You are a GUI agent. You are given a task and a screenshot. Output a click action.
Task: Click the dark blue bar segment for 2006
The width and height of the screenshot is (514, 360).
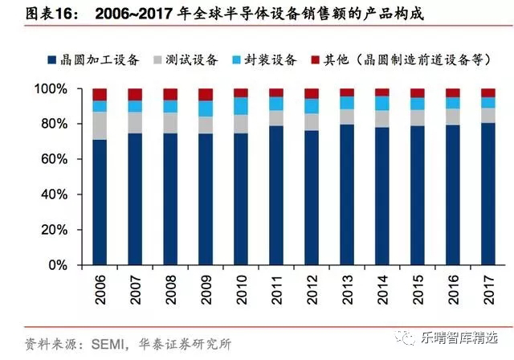tap(100, 202)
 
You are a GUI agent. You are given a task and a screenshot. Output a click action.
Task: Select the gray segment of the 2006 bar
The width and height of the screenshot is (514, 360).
tap(100, 125)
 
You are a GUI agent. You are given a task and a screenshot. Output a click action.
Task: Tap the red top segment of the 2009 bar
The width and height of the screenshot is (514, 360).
tap(206, 94)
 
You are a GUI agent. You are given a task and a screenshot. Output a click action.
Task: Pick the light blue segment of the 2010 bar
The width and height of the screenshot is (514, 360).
tap(241, 105)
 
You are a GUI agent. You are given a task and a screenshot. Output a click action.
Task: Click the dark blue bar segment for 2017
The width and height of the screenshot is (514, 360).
tap(487, 194)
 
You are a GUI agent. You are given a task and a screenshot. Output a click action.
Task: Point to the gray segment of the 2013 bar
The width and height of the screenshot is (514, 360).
tap(347, 117)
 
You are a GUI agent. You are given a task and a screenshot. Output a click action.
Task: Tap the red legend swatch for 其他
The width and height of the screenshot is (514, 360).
tap(315, 60)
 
